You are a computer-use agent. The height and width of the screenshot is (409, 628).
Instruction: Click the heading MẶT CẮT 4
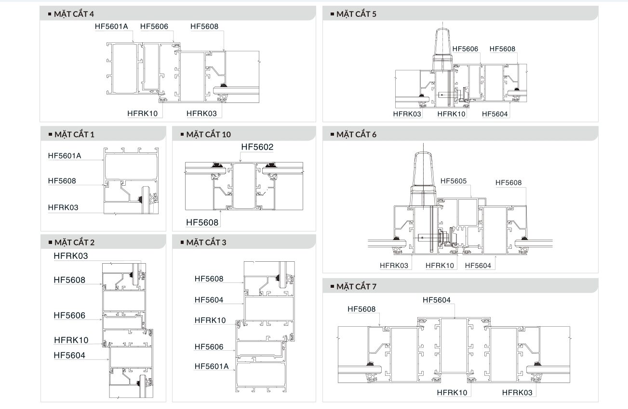pyautogui.click(x=74, y=14)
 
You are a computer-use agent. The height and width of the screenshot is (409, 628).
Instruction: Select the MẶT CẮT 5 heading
pyautogui.click(x=356, y=14)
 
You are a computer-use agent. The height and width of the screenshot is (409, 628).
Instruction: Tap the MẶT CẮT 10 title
pyautogui.click(x=209, y=135)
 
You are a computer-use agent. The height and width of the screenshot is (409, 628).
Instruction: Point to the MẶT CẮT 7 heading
pyautogui.click(x=356, y=287)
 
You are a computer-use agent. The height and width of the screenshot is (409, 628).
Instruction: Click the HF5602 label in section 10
pyautogui.click(x=257, y=147)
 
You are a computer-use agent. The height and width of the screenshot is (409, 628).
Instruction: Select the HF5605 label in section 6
pyautogui.click(x=454, y=181)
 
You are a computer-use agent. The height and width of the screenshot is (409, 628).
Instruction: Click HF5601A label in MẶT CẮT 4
pyautogui.click(x=111, y=26)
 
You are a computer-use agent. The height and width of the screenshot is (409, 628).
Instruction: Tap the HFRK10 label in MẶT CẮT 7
pyautogui.click(x=452, y=393)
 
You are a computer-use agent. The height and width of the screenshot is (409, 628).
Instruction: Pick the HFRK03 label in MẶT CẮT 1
pyautogui.click(x=63, y=207)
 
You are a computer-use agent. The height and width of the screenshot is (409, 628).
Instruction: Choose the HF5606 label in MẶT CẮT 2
pyautogui.click(x=69, y=316)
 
